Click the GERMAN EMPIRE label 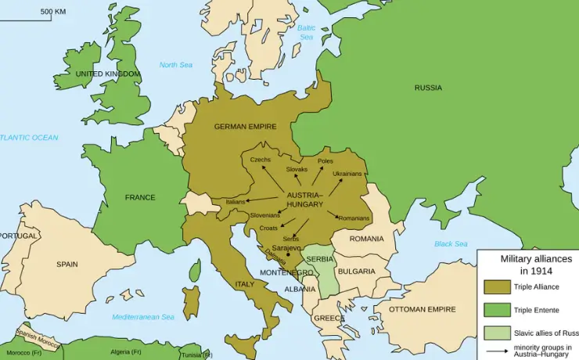(x=245, y=127)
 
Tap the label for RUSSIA (x=428, y=88)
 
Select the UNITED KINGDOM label (x=108, y=74)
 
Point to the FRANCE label (x=140, y=197)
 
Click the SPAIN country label (x=67, y=265)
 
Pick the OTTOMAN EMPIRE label (x=422, y=309)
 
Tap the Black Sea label (x=451, y=244)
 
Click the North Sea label (x=176, y=65)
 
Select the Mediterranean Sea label (x=143, y=317)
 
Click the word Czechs (x=261, y=160)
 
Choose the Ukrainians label (x=347, y=174)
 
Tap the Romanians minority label (x=354, y=218)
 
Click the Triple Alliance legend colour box (x=496, y=287)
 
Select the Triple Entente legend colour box (x=496, y=310)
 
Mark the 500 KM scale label (x=53, y=12)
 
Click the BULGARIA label (x=357, y=272)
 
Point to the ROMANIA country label (x=366, y=239)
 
